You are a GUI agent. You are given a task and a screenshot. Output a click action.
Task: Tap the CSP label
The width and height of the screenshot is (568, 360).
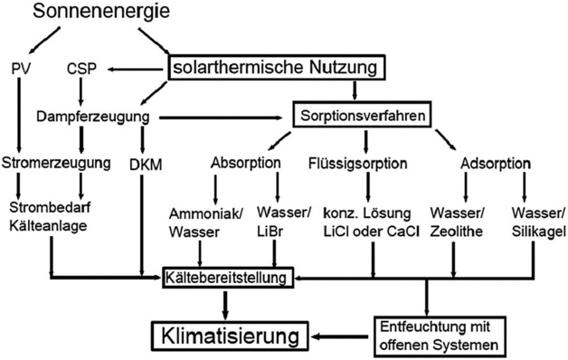tap(82, 69)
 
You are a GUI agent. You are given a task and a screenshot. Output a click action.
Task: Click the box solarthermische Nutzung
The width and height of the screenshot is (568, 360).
tap(277, 68)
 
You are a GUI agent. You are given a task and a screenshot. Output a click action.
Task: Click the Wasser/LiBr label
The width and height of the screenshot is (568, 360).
tap(285, 223)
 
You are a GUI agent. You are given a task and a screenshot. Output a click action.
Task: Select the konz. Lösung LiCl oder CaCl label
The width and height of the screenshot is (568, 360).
tap(373, 223)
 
